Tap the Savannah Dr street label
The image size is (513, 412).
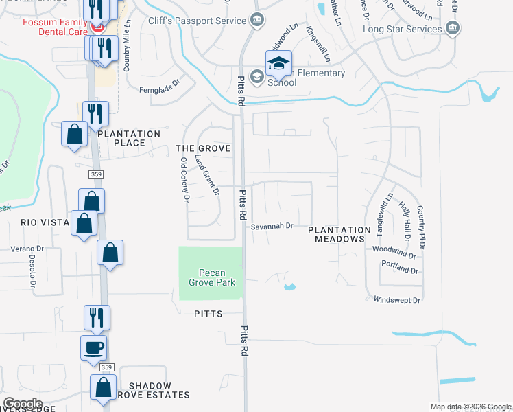click(x=272, y=225)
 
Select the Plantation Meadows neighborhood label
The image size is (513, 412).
click(x=339, y=234)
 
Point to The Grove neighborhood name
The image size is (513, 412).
click(x=203, y=148)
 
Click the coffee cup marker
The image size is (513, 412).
click(x=93, y=347)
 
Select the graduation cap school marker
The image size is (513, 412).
click(x=278, y=64)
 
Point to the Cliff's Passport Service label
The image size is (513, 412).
click(x=198, y=21)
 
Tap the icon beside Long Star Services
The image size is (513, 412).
click(x=452, y=29)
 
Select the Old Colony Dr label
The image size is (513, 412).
click(x=184, y=179)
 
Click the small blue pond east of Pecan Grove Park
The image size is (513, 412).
click(x=289, y=286)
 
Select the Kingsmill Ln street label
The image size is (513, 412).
click(x=319, y=43)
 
